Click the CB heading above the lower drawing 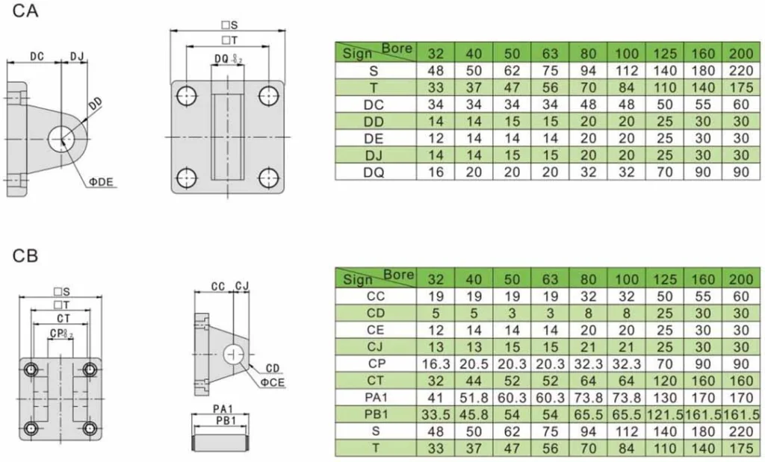click(x=25, y=256)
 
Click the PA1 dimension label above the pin click(x=221, y=409)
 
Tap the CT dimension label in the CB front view click(x=59, y=317)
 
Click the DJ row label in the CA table click(x=374, y=154)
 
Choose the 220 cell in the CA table click(x=740, y=71)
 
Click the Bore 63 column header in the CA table click(x=550, y=53)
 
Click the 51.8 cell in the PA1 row click(x=474, y=398)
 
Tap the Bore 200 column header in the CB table click(x=740, y=278)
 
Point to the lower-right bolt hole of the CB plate click(x=90, y=428)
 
